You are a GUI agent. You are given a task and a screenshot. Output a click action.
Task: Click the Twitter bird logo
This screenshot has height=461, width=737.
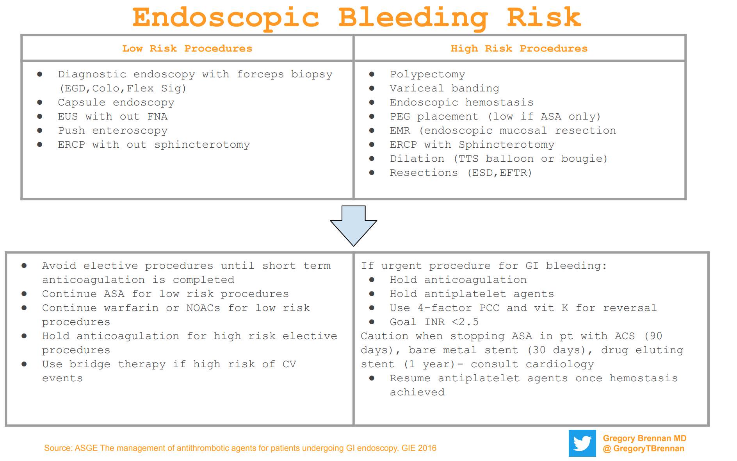pos(582,443)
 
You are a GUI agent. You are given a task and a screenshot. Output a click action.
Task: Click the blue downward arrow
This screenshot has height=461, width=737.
pos(353,226)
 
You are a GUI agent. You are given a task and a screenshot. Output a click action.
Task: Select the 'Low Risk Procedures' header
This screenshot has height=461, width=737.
pos(187,48)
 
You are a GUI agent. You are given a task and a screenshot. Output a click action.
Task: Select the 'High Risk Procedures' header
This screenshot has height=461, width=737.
pos(519,48)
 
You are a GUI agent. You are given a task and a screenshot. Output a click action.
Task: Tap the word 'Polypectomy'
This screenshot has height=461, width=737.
pos(427,74)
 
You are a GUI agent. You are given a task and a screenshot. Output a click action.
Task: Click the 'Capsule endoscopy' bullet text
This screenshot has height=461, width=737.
pos(116,102)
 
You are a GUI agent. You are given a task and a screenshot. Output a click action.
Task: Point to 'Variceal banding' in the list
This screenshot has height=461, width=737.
pos(444,88)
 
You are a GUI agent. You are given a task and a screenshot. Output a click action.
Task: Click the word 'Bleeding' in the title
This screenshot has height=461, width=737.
pos(413,18)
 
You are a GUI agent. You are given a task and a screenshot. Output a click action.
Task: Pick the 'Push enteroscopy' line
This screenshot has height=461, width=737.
pos(113,130)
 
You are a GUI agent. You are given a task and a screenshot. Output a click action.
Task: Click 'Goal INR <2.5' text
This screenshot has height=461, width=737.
pos(434,322)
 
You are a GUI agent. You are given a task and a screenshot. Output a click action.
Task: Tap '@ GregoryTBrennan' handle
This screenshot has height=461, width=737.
pos(643,448)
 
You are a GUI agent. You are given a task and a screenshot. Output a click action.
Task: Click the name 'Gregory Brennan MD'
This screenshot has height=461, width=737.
pos(644,438)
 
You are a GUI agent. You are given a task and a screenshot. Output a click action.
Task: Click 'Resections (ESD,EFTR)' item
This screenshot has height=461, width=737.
pos(461,173)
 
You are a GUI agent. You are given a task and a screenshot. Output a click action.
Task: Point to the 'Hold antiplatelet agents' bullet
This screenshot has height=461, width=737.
pos(472,294)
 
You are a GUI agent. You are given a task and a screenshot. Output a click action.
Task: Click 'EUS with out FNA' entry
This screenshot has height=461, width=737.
pos(113,116)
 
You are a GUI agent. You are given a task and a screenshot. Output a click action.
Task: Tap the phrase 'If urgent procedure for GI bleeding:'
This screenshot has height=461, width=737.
pos(484,266)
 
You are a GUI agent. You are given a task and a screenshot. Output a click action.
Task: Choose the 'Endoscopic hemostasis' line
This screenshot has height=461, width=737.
pos(461,102)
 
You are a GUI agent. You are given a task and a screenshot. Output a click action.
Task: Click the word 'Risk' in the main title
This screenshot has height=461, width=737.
pos(544,18)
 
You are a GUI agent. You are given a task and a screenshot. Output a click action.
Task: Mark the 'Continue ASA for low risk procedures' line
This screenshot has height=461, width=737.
pos(165,294)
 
